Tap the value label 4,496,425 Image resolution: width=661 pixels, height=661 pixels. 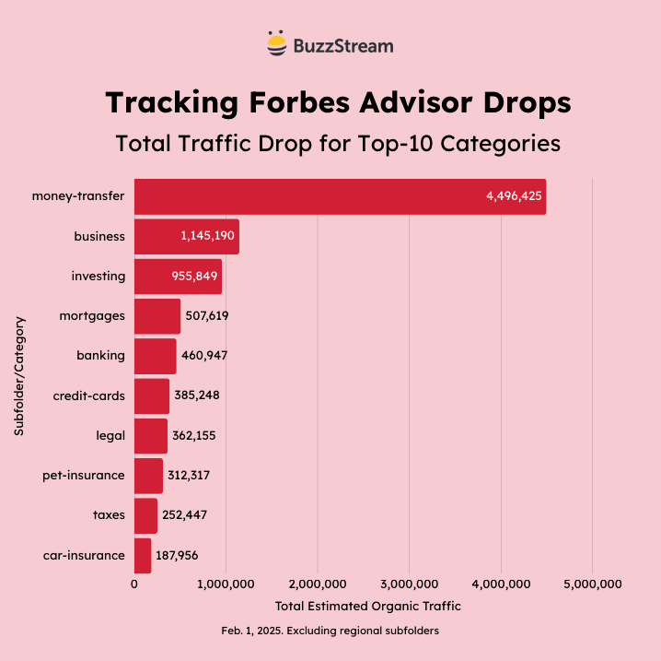tap(514, 196)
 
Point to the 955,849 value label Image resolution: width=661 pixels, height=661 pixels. tap(193, 276)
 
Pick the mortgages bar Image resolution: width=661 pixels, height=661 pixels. tap(157, 315)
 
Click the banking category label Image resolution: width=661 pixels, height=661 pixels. tap(102, 355)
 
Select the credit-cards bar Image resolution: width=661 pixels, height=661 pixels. tap(152, 395)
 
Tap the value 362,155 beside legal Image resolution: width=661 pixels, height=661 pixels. tap(194, 435)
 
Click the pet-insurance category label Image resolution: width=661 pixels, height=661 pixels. tap(84, 475)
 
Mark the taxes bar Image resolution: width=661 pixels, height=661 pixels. tap(145, 515)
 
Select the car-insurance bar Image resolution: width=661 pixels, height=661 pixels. tap(143, 555)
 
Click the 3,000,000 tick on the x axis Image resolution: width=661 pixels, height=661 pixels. tap(410, 584)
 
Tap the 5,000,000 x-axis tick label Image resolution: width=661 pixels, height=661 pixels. tap(592, 584)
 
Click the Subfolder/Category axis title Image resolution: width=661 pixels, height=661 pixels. tap(19, 376)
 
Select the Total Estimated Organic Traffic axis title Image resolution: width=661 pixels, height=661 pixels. tap(367, 606)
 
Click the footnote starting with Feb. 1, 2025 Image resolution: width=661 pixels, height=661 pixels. tap(330, 631)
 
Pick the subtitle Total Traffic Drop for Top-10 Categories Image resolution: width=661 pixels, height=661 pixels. tap(337, 144)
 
